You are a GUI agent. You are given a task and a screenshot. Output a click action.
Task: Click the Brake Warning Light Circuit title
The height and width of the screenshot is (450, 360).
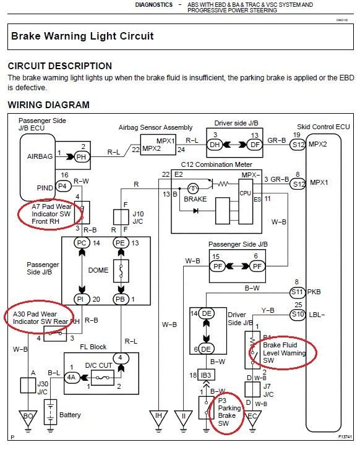click(82, 36)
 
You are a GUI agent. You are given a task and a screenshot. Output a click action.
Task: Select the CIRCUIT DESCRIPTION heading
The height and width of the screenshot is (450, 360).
click(60, 66)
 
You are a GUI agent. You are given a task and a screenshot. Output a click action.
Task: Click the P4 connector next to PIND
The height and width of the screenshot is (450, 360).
click(62, 185)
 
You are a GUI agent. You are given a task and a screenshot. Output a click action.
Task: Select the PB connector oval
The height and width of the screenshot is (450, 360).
click(121, 299)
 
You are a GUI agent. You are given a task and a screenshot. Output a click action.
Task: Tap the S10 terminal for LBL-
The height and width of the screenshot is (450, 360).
click(298, 315)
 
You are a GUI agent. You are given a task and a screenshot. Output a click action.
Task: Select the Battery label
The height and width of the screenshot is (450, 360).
click(70, 415)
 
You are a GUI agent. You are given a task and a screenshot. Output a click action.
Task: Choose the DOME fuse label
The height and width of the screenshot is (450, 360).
click(98, 270)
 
